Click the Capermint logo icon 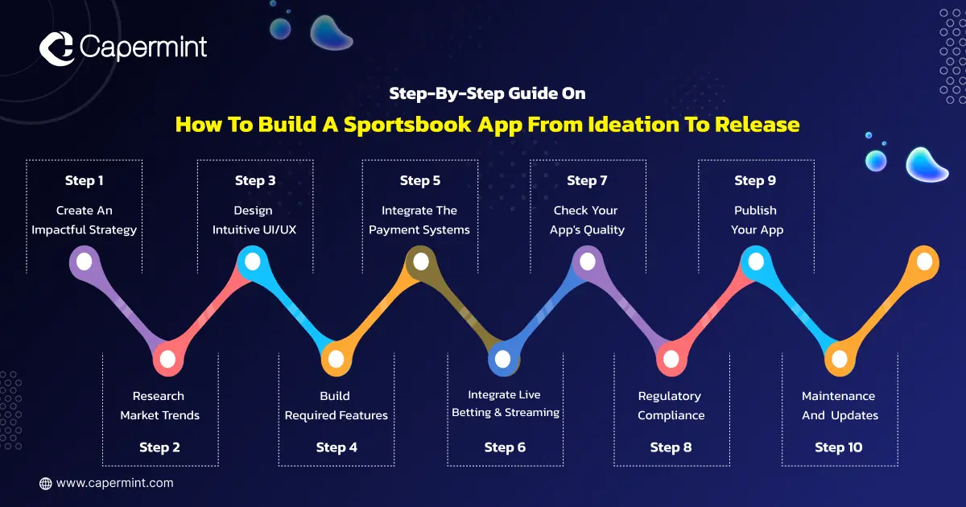[56, 48]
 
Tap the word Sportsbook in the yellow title [407, 125]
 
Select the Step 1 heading [84, 180]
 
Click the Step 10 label [839, 447]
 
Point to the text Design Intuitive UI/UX [254, 220]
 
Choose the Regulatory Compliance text [671, 406]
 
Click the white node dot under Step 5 [421, 262]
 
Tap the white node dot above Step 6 [502, 359]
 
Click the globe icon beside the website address [45, 484]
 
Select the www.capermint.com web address [114, 483]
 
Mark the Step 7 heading [587, 180]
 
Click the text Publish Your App [757, 220]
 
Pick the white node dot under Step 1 [84, 262]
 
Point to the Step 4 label [336, 447]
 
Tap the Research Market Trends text [159, 406]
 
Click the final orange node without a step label [924, 262]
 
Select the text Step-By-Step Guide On [487, 93]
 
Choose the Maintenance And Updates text [840, 406]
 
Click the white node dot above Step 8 [671, 359]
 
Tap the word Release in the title [757, 125]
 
